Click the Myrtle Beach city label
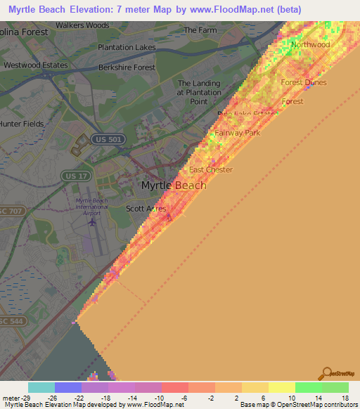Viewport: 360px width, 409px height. pyautogui.click(x=174, y=186)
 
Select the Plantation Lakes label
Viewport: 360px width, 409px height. pyautogui.click(x=127, y=47)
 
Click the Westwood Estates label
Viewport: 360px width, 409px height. pyautogui.click(x=36, y=65)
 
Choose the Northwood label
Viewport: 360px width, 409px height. pyautogui.click(x=310, y=44)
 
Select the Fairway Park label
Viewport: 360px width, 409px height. pyautogui.click(x=237, y=132)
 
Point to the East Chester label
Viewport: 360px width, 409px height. pyautogui.click(x=210, y=170)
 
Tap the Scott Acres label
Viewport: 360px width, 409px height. pyautogui.click(x=146, y=209)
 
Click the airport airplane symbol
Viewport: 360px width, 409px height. pyautogui.click(x=92, y=222)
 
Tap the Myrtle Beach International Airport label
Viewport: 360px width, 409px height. pyautogui.click(x=92, y=207)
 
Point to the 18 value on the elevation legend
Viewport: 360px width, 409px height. pyautogui.click(x=344, y=397)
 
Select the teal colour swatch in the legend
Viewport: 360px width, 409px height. pyautogui.click(x=41, y=387)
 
